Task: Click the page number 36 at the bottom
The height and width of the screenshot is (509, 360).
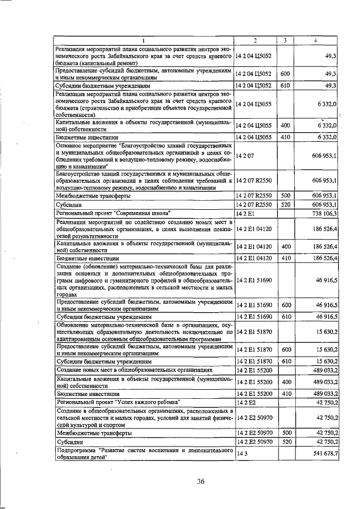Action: pyautogui.click(x=200, y=480)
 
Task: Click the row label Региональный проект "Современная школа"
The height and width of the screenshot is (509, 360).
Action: pyautogui.click(x=112, y=213)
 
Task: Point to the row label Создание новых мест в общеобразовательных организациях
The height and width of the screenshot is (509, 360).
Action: pyautogui.click(x=134, y=370)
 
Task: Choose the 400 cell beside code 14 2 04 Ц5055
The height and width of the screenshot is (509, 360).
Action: pyautogui.click(x=285, y=125)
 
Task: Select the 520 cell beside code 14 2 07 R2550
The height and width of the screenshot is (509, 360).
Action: pyautogui.click(x=285, y=205)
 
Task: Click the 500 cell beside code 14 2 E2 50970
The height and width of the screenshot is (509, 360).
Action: pyautogui.click(x=285, y=434)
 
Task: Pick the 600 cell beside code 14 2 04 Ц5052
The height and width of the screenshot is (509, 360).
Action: pyautogui.click(x=285, y=74)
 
